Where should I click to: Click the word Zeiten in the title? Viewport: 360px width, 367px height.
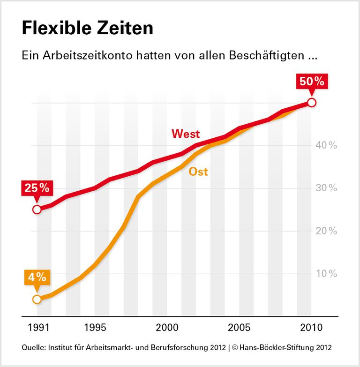click(x=128, y=29)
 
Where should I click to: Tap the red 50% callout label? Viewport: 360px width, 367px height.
click(x=312, y=81)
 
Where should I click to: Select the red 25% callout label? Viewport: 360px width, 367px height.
click(x=37, y=188)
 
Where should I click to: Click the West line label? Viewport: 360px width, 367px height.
click(x=186, y=134)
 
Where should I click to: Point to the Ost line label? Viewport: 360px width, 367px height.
click(x=198, y=172)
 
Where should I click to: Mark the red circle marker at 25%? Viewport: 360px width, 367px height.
click(x=37, y=210)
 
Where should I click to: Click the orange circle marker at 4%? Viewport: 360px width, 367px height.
click(x=37, y=299)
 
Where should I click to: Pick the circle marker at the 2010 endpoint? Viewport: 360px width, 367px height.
click(x=311, y=103)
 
